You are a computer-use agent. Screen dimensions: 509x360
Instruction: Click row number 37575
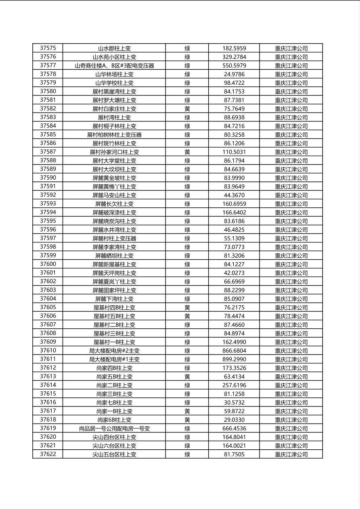coord(48,48)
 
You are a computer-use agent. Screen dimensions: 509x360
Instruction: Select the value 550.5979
coord(234,66)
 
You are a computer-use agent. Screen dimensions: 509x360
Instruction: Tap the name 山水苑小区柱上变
coord(114,57)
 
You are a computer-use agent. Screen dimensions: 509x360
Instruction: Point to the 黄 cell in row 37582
coord(187,109)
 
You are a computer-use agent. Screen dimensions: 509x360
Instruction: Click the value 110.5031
coord(234,152)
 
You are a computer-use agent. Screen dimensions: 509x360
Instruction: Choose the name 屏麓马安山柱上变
coord(114,195)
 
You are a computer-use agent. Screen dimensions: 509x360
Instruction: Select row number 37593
coord(48,204)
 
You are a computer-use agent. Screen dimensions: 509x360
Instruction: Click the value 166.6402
coord(234,213)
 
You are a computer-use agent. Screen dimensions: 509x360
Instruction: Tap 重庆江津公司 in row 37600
coord(291,265)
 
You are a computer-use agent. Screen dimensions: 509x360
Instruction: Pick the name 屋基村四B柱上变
coord(114,308)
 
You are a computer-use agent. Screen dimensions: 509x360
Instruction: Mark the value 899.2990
coord(234,359)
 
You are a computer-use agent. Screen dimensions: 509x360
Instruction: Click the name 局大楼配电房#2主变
coord(114,351)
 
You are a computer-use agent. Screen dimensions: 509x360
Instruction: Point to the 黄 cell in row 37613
coord(187,377)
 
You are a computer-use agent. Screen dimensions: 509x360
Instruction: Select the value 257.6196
coord(234,386)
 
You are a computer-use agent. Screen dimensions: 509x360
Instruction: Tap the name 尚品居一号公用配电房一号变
coord(114,429)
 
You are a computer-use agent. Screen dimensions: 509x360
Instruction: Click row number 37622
coord(48,455)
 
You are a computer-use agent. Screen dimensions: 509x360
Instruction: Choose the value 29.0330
coord(234,420)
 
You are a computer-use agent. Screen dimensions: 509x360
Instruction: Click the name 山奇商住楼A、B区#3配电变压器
coord(114,66)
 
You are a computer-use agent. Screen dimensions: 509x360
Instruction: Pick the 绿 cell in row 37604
coord(187,299)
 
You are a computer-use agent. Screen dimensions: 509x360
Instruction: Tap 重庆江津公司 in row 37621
coord(291,446)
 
